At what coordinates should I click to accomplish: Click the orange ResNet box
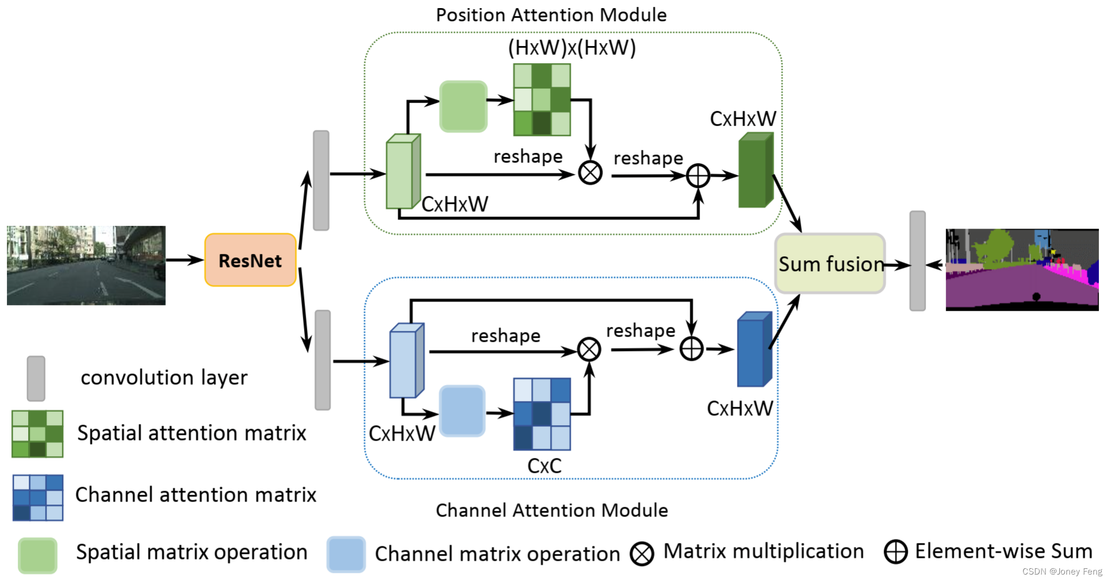[x=251, y=260]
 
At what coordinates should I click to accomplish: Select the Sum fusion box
[x=830, y=264]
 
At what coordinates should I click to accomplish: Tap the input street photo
[x=86, y=265]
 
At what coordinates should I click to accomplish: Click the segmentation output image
[x=1022, y=269]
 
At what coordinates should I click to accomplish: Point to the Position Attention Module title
[x=551, y=15]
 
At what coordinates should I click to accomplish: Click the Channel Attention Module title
[x=552, y=510]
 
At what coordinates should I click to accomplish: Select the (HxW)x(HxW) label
[x=572, y=48]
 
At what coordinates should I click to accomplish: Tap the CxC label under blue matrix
[x=544, y=466]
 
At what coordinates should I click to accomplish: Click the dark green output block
[x=756, y=169]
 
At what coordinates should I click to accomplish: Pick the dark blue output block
[x=755, y=349]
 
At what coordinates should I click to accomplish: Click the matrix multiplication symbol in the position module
[x=590, y=173]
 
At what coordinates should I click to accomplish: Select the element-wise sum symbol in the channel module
[x=691, y=349]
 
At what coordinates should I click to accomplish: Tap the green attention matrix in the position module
[x=542, y=99]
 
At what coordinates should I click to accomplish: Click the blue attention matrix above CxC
[x=542, y=414]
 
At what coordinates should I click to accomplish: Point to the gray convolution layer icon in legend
[x=36, y=378]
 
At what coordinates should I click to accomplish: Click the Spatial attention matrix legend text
[x=192, y=433]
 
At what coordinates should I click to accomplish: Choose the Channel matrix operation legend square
[x=346, y=554]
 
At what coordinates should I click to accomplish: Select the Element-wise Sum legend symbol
[x=895, y=552]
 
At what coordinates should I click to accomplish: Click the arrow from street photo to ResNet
[x=185, y=260]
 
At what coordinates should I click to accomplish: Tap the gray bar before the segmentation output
[x=917, y=261]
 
